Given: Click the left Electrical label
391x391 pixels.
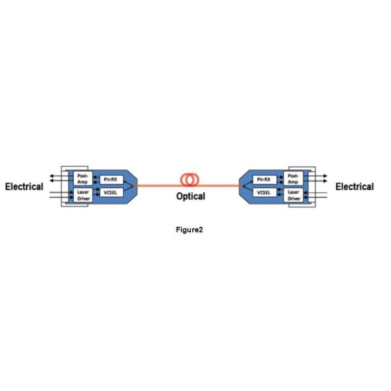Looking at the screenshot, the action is click(x=24, y=187).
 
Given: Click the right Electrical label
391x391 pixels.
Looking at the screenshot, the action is click(x=355, y=187).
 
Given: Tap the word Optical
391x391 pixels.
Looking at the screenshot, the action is click(x=191, y=196).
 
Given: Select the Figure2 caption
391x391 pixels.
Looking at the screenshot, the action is click(x=189, y=229).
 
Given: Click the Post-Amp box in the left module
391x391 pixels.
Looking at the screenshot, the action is click(x=83, y=179).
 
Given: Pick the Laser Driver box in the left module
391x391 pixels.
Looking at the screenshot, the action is click(x=83, y=195).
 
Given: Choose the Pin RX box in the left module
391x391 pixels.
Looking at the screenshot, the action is click(x=111, y=180).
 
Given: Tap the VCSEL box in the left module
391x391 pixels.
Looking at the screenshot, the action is click(x=111, y=192).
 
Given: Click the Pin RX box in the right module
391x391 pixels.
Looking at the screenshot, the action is click(x=265, y=180).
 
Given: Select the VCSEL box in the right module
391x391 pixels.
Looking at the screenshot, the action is click(x=265, y=192).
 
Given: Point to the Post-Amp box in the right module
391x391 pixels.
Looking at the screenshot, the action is click(x=293, y=179).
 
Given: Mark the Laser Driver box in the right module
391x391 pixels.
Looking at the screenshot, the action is click(x=293, y=195).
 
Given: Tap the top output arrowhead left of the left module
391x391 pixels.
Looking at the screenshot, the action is click(x=51, y=176).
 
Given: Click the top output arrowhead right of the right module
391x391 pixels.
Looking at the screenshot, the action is click(x=325, y=176).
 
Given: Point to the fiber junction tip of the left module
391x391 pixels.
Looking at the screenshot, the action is click(x=133, y=186).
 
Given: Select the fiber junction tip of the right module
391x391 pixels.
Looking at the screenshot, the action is click(x=243, y=186).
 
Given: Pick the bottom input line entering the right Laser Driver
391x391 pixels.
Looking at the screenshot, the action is click(x=315, y=197).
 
